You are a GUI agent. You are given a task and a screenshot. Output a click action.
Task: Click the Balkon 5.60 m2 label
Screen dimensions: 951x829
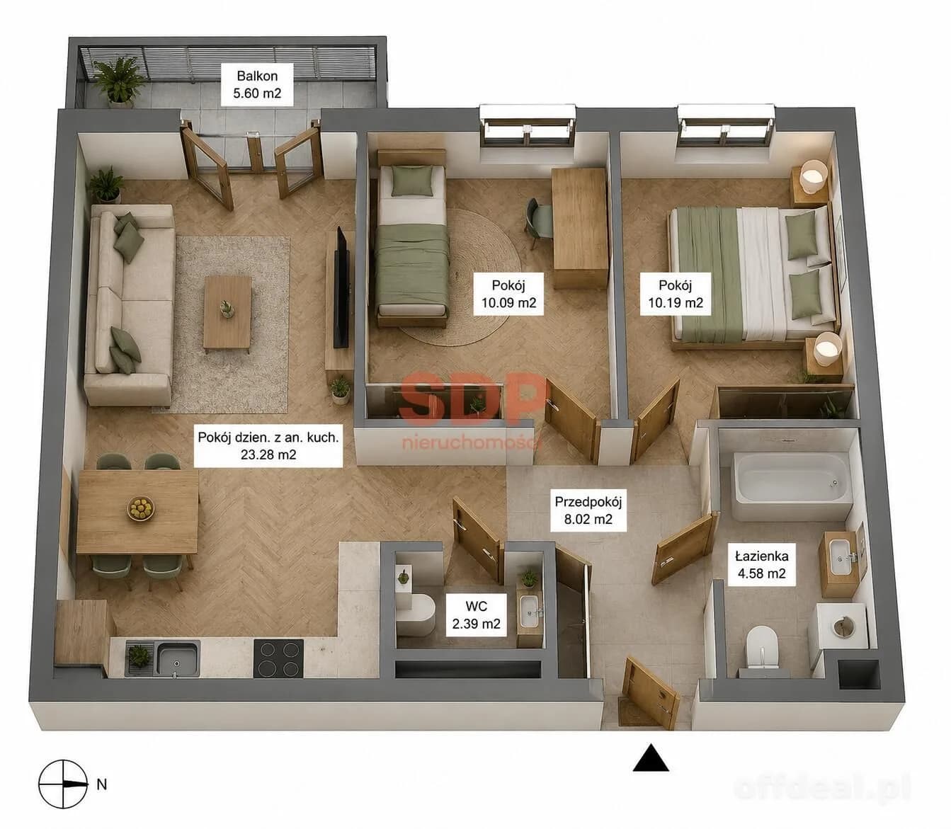point(257,84)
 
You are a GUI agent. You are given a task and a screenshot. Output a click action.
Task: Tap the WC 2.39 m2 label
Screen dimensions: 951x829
point(477,614)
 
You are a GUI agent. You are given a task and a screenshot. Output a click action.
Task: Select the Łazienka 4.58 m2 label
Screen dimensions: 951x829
point(761,565)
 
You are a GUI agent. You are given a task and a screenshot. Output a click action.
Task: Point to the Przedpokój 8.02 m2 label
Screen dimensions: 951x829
point(588,510)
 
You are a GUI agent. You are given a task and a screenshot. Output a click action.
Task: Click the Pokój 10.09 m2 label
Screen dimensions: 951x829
point(508,294)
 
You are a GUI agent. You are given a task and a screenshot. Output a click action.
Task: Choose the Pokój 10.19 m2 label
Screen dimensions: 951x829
point(676,294)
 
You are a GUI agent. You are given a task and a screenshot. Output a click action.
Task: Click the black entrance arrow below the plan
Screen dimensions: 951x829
point(651,757)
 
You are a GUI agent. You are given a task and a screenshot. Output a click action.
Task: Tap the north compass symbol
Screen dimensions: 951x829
point(63,784)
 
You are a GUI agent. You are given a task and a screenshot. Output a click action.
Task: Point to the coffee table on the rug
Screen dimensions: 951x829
point(227,312)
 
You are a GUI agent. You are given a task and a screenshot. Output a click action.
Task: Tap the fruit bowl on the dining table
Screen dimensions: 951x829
point(140,508)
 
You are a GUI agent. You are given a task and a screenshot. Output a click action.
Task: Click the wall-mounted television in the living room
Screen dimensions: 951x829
point(341,288)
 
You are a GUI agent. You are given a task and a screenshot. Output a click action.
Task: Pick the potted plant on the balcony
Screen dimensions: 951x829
point(118,82)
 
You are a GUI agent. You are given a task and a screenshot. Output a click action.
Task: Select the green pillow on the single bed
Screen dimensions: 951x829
point(411,181)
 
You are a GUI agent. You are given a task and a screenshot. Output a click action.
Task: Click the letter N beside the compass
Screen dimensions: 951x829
point(101,785)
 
